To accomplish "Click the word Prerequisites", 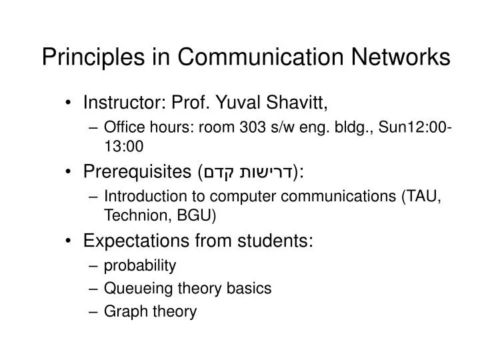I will (135, 173).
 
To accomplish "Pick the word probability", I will (140, 266).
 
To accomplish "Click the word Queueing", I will (134, 288).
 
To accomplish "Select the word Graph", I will (121, 311).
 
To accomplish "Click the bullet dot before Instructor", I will (70, 103).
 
